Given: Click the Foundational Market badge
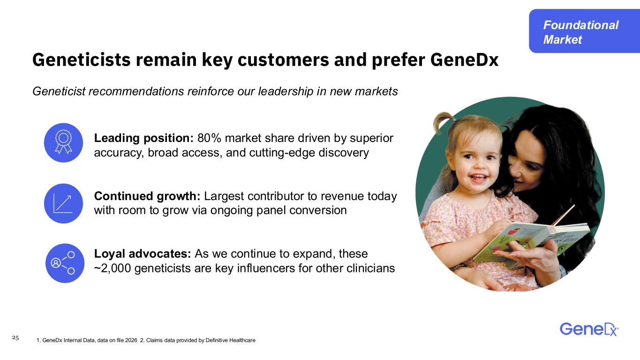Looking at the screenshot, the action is [584, 31].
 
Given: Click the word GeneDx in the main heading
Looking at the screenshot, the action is [464, 60].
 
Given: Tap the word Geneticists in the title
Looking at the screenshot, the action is [82, 60].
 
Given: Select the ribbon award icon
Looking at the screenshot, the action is [63, 142].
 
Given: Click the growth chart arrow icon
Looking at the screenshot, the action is [63, 203].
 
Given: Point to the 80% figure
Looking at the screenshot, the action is [209, 138].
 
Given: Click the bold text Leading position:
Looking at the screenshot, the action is [144, 138].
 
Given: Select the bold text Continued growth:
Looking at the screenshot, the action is [147, 196].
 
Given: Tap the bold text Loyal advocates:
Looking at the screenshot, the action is [143, 254].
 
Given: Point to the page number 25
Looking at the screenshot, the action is [15, 338].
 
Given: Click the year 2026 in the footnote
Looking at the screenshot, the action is [131, 340].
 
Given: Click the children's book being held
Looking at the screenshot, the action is [531, 240].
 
